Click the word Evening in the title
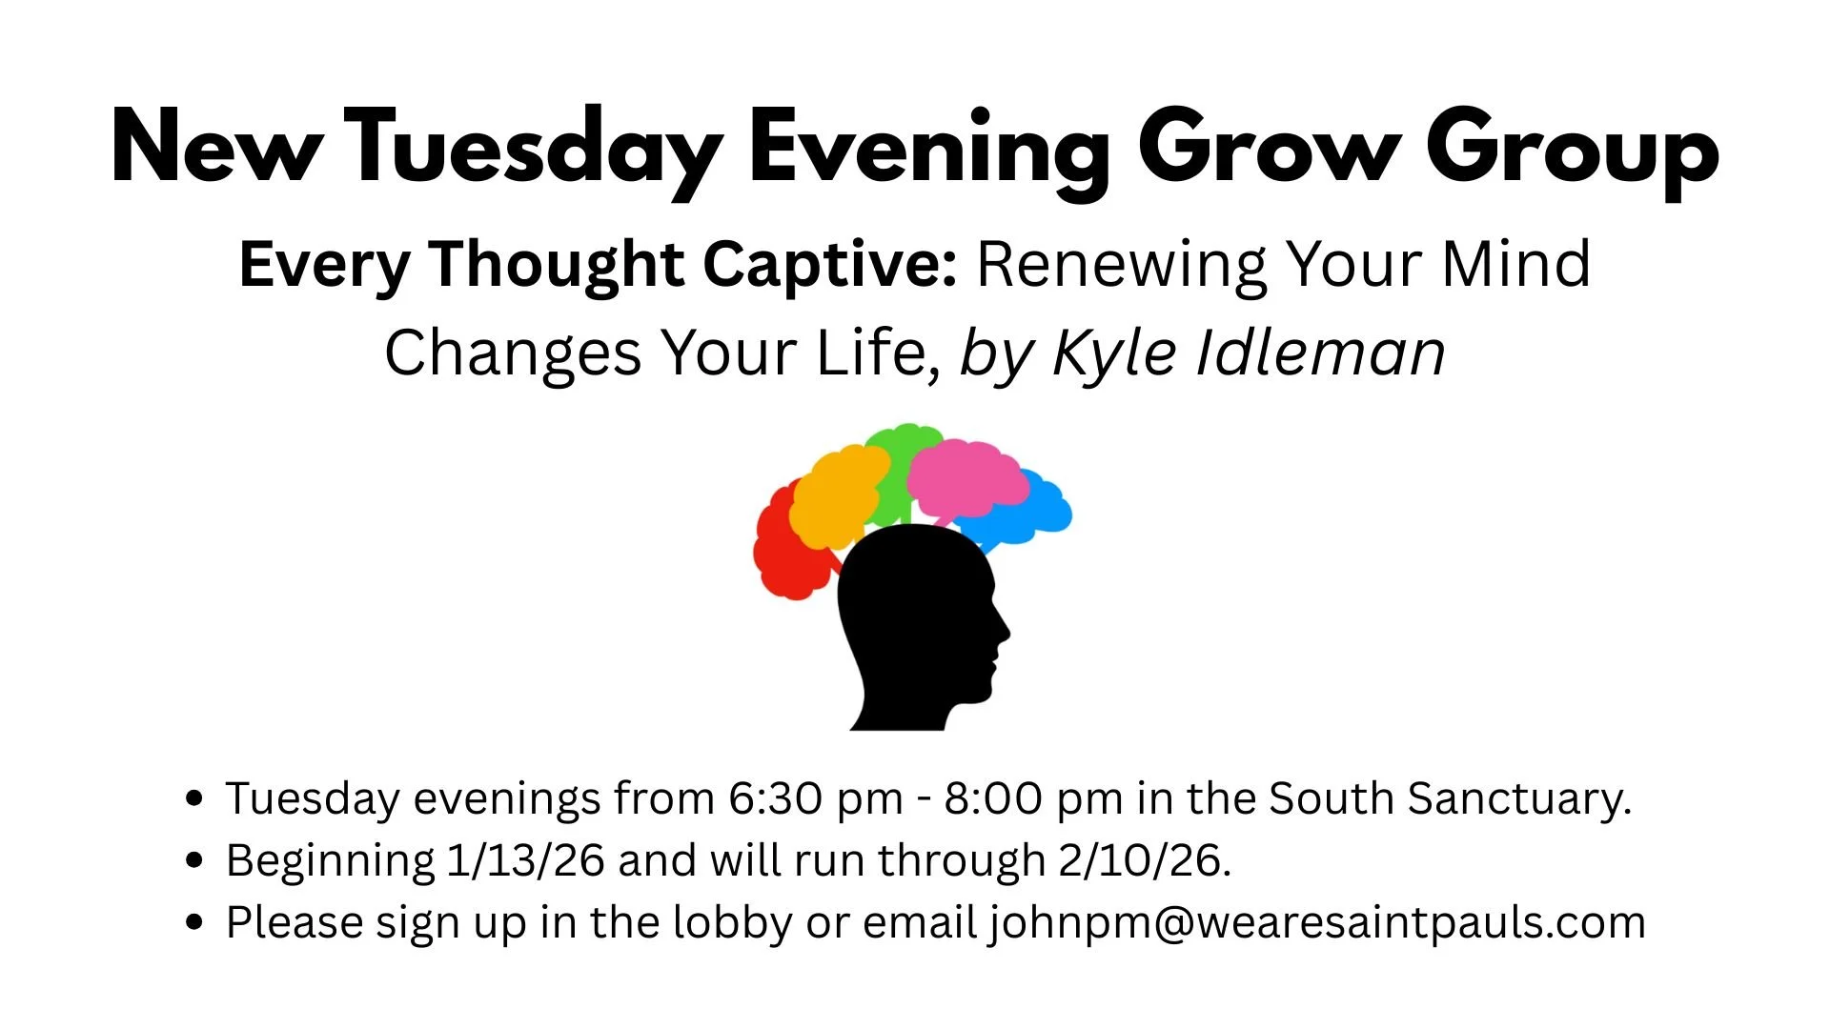(929, 151)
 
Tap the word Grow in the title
(1269, 151)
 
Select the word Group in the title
(1572, 151)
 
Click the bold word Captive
(829, 264)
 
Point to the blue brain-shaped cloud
(1034, 514)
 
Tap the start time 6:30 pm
(816, 798)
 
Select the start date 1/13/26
(525, 860)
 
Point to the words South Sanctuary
(1449, 798)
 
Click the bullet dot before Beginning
(195, 860)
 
